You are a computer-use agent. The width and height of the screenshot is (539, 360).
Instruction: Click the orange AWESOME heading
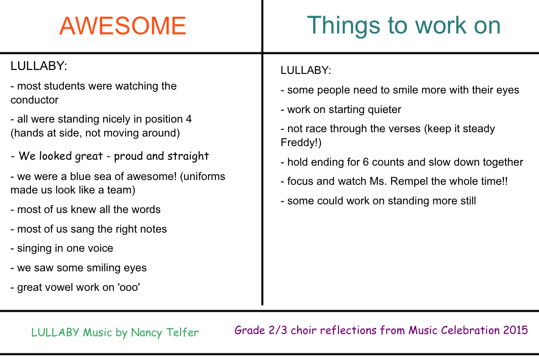[123, 26]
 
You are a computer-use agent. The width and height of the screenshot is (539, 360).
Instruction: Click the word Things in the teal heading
[343, 25]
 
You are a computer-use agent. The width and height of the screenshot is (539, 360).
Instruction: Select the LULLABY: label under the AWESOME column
[39, 66]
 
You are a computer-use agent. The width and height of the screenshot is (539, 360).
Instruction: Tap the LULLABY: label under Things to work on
[306, 70]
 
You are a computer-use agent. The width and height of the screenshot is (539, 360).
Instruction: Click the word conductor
[34, 100]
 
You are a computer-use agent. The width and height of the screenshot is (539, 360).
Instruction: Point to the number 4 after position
[189, 119]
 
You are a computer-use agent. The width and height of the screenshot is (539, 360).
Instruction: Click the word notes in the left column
[154, 229]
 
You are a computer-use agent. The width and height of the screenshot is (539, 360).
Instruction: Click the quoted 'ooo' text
[129, 287]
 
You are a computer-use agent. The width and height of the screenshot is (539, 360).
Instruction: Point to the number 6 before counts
[366, 162]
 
